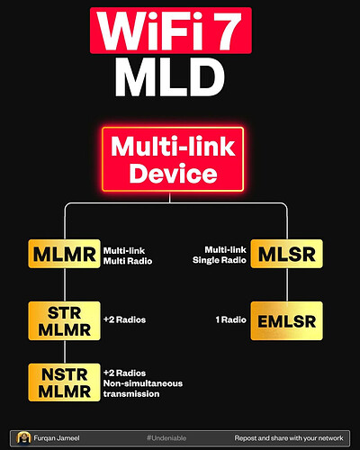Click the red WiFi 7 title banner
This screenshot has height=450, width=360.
[x=180, y=31]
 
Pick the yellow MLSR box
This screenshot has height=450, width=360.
[x=286, y=256]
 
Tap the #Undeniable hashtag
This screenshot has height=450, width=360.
[x=166, y=436]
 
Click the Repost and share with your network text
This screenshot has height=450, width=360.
[x=288, y=436]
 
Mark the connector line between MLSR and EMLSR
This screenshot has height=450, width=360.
[x=286, y=288]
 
